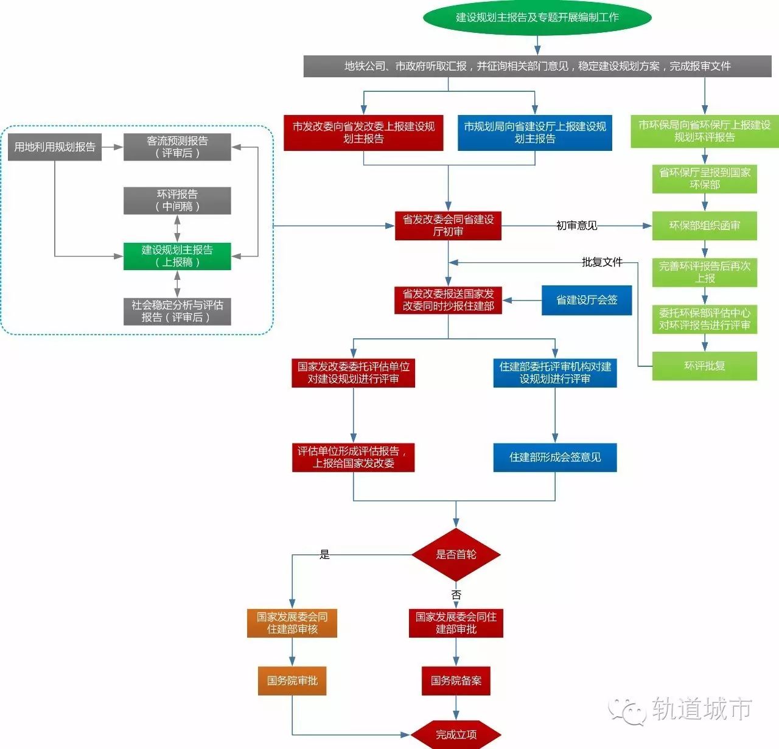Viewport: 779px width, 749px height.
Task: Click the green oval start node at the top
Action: coord(537,17)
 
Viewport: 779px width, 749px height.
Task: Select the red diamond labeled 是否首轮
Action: coord(456,554)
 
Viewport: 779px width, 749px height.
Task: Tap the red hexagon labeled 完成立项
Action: coord(456,734)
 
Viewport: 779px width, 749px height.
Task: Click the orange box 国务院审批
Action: coord(292,681)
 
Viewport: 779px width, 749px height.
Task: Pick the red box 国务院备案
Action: coord(456,681)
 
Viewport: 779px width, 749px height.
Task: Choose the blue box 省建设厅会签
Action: coord(587,300)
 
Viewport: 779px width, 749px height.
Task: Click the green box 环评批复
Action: coord(705,366)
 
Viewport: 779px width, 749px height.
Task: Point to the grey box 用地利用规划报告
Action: coord(55,147)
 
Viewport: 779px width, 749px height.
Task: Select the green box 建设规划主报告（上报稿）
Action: coord(177,256)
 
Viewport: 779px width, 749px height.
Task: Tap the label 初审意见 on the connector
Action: coord(576,226)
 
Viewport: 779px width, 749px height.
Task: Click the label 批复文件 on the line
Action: coord(602,262)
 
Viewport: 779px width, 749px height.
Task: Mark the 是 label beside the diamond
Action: coord(325,554)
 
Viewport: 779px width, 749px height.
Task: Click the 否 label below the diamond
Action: coord(456,594)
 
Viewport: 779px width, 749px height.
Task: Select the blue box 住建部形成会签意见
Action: coord(555,458)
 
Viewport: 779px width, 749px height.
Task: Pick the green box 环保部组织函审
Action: coord(705,226)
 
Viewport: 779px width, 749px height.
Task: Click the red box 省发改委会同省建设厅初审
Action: coord(448,226)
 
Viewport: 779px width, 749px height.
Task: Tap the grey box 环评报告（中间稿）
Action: coord(177,201)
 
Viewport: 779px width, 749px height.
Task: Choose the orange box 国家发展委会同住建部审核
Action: coord(292,623)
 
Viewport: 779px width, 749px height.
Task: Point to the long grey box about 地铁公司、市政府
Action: coord(537,66)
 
